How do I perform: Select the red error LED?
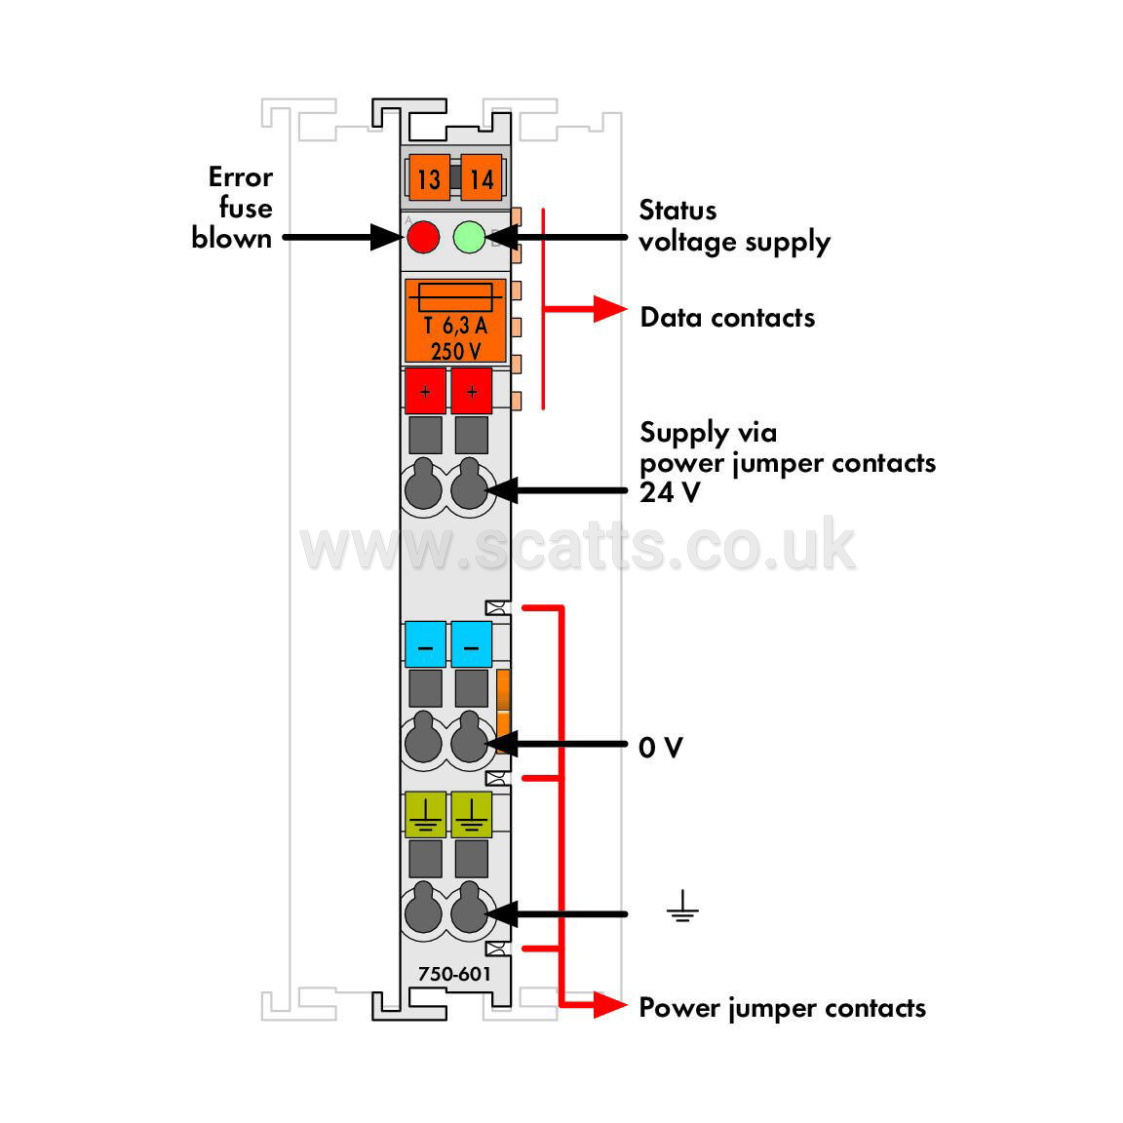pos(423,237)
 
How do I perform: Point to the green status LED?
pos(470,237)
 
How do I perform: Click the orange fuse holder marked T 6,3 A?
pos(455,321)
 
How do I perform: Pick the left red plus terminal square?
pos(425,391)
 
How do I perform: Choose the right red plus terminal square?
pos(471,391)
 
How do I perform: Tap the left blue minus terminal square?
pos(425,644)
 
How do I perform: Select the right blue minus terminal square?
pos(471,644)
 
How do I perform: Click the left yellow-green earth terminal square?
pos(425,814)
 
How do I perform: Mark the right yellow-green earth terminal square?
pos(471,814)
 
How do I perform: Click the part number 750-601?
pos(455,974)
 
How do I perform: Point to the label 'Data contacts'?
pos(727,317)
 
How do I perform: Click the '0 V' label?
pos(661,747)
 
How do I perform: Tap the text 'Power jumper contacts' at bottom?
pos(782,1008)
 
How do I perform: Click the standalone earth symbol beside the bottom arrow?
pos(682,907)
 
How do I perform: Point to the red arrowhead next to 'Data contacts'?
pos(610,309)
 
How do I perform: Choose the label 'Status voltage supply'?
pos(734,226)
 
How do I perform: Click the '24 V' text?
pos(670,492)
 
